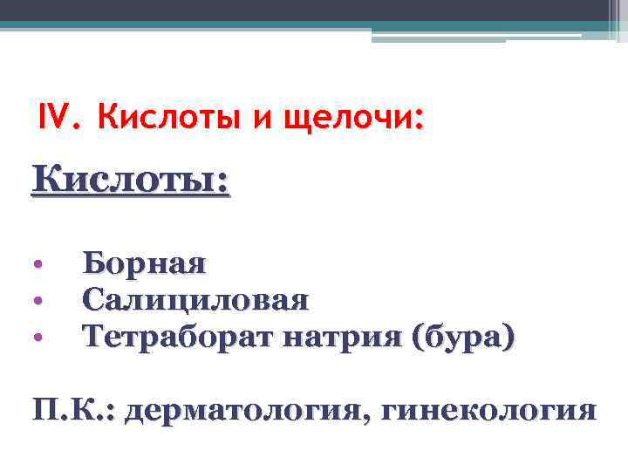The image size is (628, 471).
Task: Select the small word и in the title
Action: [259, 117]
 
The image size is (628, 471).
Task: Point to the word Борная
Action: [144, 263]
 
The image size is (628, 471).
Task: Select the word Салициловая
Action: [195, 300]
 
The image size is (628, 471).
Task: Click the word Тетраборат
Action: [171, 336]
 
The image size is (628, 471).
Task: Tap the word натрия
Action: [329, 337]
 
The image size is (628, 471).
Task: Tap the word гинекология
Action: [487, 409]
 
